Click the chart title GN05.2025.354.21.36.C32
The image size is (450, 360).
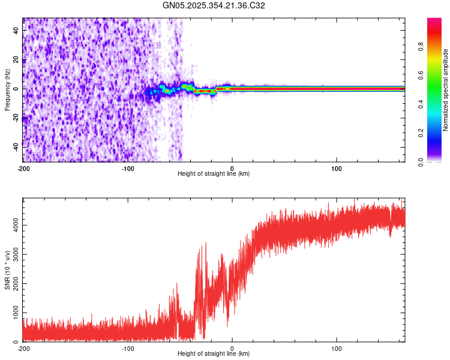(x=214, y=5)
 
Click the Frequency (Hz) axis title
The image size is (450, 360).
(x=7, y=89)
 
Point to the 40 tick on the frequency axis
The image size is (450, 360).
(x=17, y=32)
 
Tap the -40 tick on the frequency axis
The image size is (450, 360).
(x=16, y=145)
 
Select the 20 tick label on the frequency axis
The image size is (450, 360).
(x=17, y=61)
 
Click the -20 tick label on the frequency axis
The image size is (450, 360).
(x=16, y=116)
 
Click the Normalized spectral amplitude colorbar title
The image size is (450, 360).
(x=445, y=90)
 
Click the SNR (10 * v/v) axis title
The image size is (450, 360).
(x=7, y=271)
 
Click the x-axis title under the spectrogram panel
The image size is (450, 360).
(x=214, y=173)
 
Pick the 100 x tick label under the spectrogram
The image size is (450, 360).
(x=337, y=168)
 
